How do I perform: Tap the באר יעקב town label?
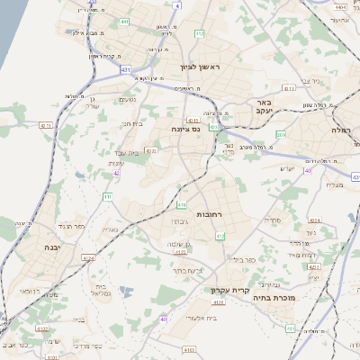tap(263, 107)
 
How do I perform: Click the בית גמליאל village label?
tap(101, 292)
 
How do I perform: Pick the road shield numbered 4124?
tap(88, 259)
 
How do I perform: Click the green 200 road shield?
tap(282, 135)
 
